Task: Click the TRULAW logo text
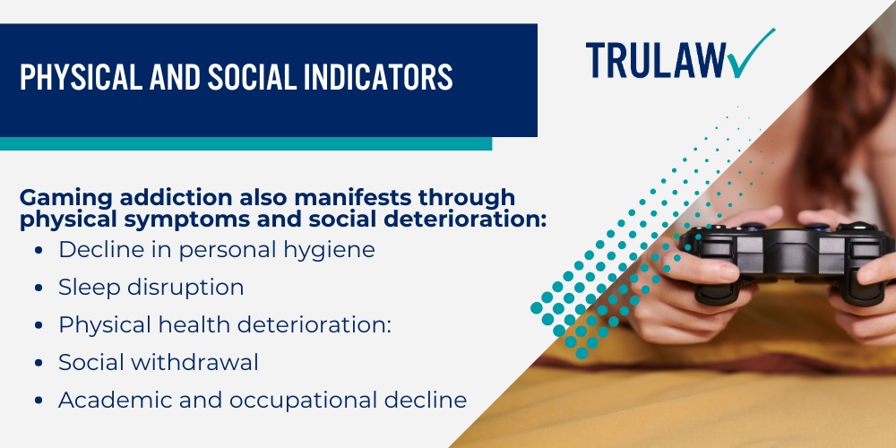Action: click(x=656, y=60)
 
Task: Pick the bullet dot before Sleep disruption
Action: click(x=39, y=288)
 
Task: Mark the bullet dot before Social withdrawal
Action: click(x=39, y=363)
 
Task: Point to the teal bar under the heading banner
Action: click(x=246, y=143)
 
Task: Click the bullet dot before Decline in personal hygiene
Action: click(x=39, y=250)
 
